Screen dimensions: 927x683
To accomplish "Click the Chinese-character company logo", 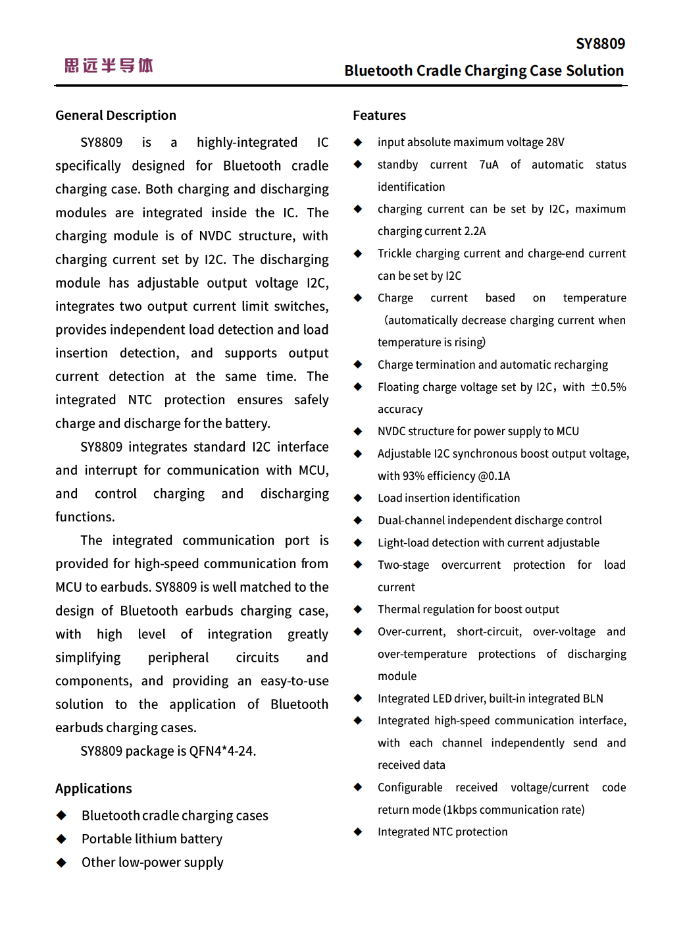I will pos(109,65).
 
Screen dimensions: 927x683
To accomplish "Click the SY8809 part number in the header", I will pos(600,44).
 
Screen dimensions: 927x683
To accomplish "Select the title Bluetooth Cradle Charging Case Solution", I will pos(484,70).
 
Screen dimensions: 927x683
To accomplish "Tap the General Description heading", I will pos(116,115).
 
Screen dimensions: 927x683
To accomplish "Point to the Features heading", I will pos(379,115).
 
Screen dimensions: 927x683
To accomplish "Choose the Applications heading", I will pos(93,788).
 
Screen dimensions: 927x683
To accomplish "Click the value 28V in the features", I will pos(555,142).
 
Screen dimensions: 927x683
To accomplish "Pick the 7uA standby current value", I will pos(488,165).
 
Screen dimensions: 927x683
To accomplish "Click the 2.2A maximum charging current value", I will pos(474,231).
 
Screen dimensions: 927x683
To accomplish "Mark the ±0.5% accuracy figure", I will pos(609,387).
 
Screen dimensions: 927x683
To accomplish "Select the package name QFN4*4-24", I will pos(222,751).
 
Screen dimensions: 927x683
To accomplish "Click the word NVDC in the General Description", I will pos(216,236).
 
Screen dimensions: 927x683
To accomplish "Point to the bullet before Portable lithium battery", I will pos(61,839).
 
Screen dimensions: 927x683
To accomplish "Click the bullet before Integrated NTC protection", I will pos(358,832).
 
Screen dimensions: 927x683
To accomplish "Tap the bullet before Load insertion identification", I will pos(358,498).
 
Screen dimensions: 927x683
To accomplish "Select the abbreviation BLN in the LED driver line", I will pos(592,699).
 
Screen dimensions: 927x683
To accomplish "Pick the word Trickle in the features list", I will pos(395,253).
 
